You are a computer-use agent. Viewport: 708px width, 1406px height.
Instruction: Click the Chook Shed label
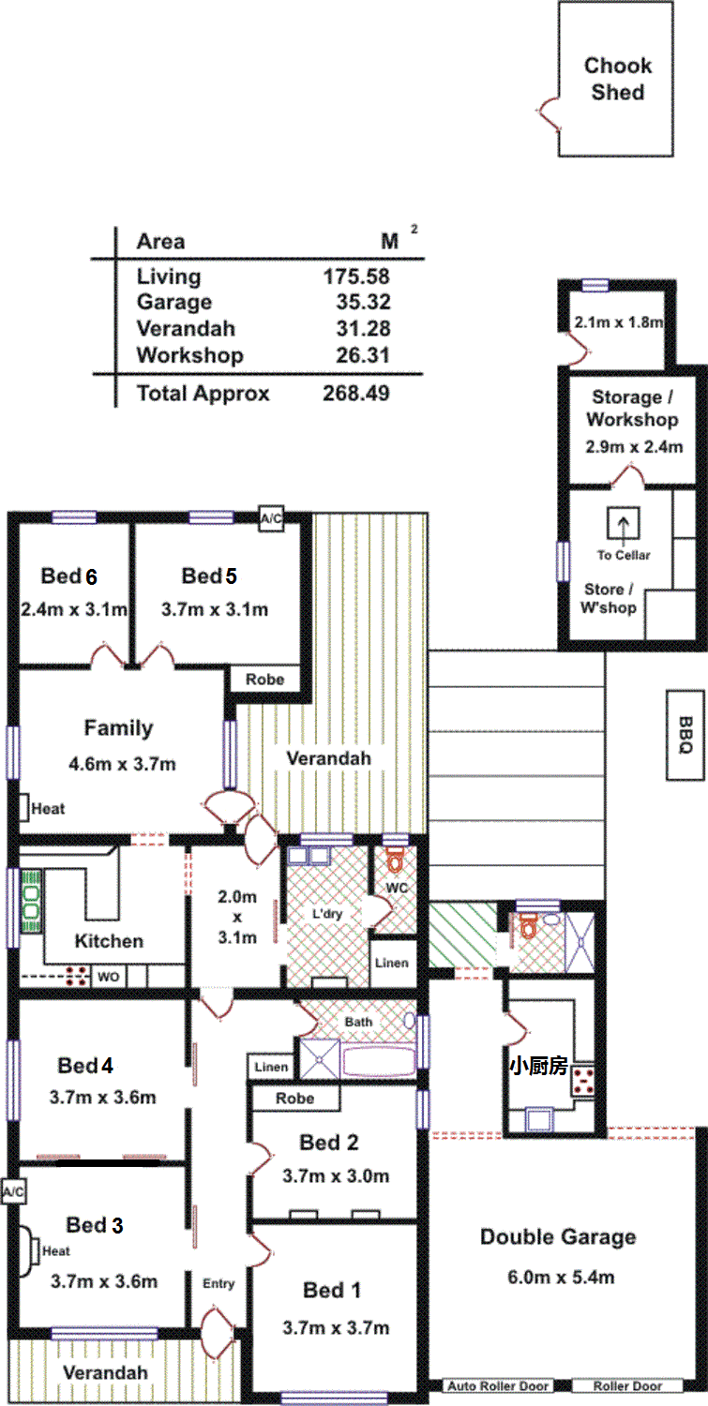tap(618, 79)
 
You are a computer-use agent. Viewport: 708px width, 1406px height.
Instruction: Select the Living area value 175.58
tap(356, 277)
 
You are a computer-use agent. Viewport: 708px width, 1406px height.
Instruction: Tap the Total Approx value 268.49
tap(356, 393)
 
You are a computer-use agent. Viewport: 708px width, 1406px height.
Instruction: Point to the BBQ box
tap(685, 735)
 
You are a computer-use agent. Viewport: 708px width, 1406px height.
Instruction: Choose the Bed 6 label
tap(69, 576)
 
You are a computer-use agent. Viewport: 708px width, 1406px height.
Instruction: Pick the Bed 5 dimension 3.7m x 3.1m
tap(215, 609)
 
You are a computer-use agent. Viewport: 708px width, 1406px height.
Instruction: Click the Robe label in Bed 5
tap(264, 680)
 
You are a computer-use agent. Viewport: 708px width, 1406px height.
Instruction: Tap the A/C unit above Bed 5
tap(271, 518)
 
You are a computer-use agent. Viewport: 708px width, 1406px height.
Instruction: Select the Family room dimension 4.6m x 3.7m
tap(123, 764)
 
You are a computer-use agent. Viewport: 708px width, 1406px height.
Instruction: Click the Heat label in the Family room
tap(48, 808)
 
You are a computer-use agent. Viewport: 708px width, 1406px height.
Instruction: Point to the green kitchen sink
tap(31, 901)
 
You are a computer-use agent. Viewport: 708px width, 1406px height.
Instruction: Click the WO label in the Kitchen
tap(108, 977)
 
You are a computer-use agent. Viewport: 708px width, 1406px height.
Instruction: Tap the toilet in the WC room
tap(395, 859)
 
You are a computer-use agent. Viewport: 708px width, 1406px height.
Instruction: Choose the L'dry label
tap(327, 913)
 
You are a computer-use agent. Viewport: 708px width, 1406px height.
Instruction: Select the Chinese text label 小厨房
tap(538, 1065)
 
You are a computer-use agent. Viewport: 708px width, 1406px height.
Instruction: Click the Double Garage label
tap(559, 1236)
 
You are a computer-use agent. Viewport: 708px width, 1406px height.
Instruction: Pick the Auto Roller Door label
tap(498, 1385)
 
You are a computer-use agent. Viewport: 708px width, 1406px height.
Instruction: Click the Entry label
tap(218, 1283)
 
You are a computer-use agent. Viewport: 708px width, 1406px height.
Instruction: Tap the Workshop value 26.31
tap(363, 355)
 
